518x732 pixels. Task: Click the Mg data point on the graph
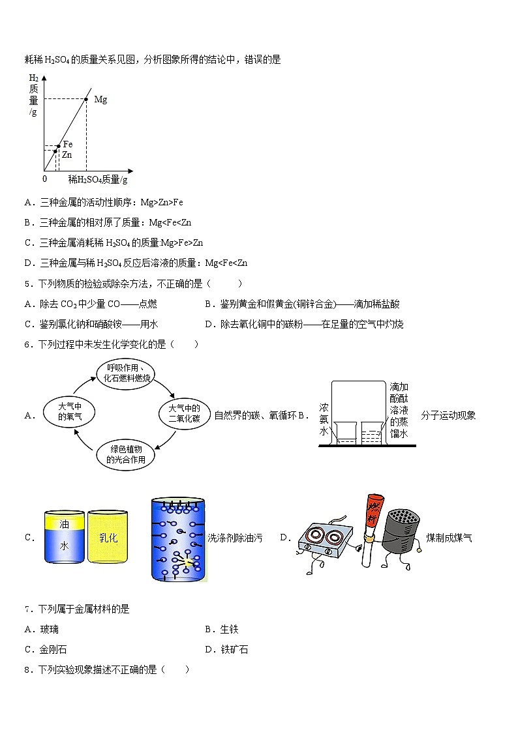(x=87, y=99)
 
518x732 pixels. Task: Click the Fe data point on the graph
(x=59, y=146)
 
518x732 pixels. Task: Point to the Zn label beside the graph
(x=67, y=154)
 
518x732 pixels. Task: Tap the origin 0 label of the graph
(x=45, y=179)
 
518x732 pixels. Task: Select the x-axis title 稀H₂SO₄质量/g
(x=98, y=179)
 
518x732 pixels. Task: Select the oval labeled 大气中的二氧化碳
(x=183, y=413)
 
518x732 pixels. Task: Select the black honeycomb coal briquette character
(x=401, y=534)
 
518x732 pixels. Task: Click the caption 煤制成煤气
(x=449, y=538)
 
